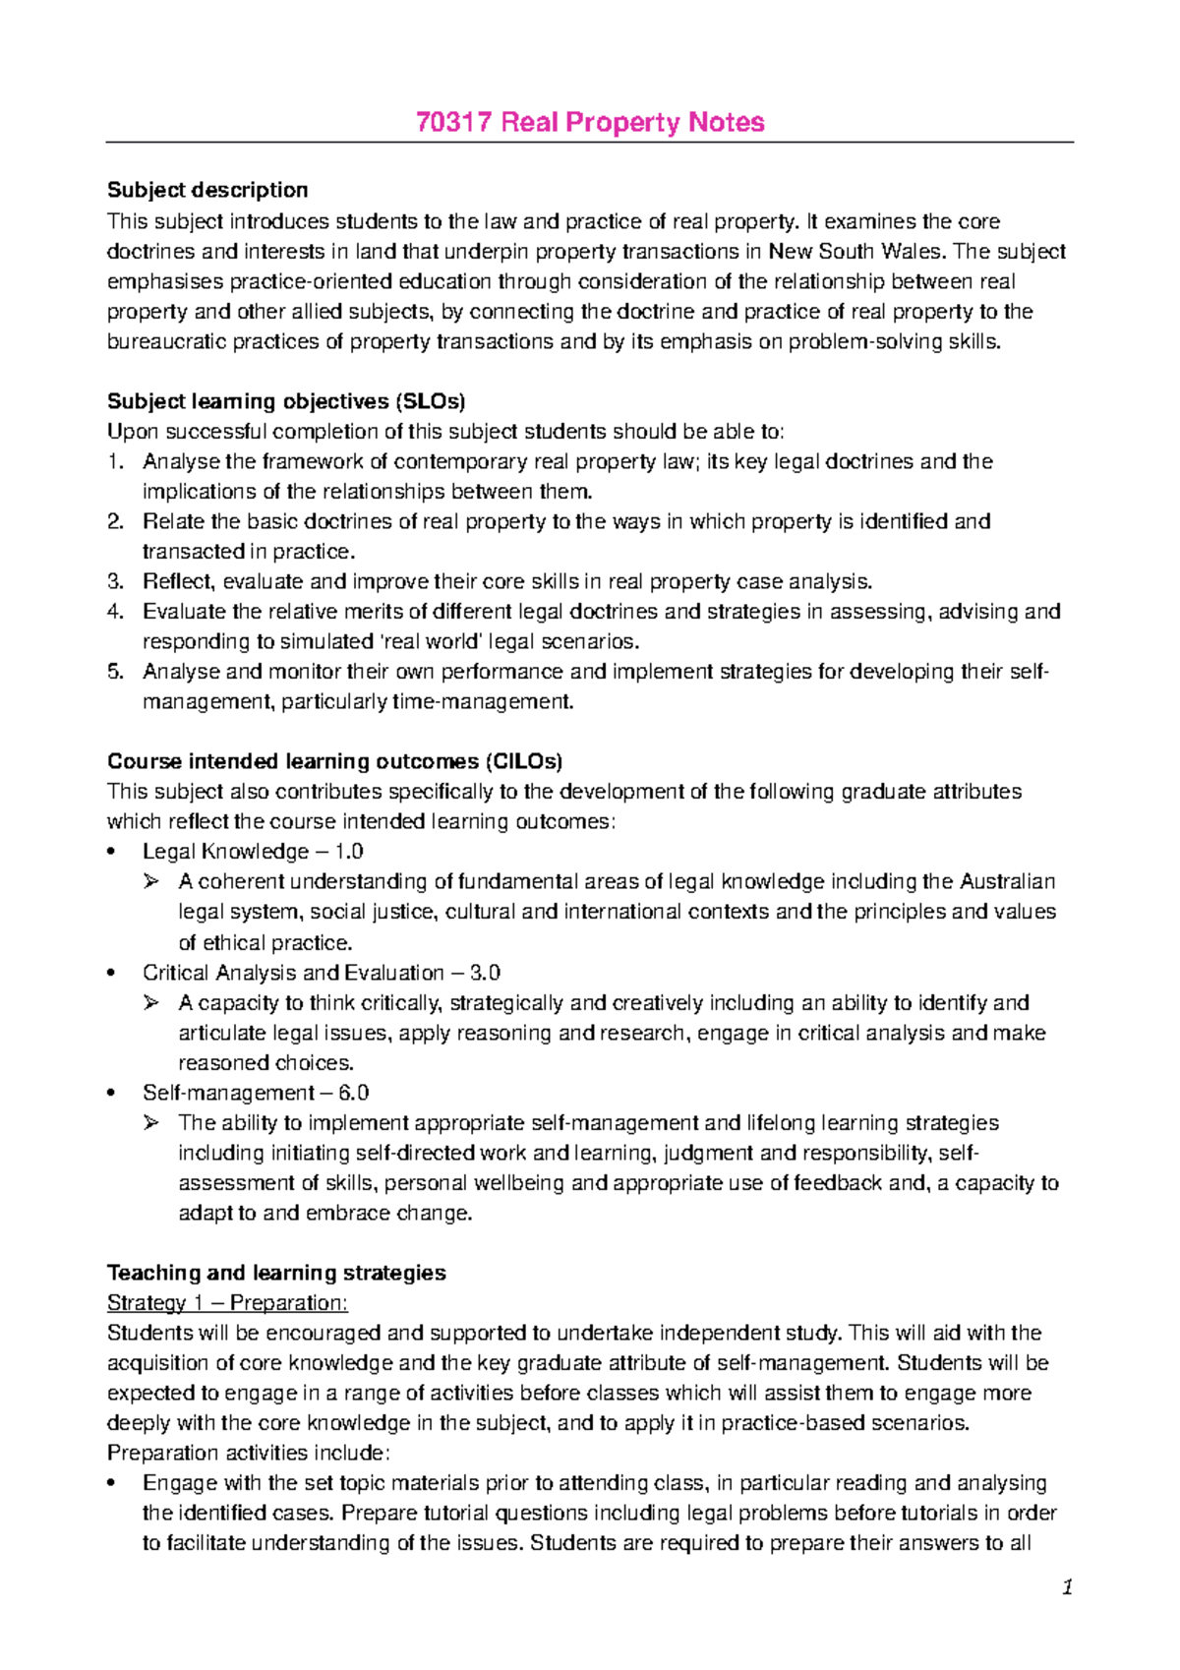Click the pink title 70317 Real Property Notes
[x=590, y=122]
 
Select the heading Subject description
[x=207, y=190]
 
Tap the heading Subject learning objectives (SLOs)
[x=286, y=401]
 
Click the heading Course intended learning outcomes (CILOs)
[x=334, y=761]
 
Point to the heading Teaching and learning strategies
[x=276, y=1273]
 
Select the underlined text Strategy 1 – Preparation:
[x=227, y=1303]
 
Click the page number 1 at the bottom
[x=1066, y=1587]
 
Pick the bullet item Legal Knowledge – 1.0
[x=253, y=852]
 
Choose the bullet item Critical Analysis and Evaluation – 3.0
[x=322, y=973]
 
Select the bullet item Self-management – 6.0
[x=256, y=1093]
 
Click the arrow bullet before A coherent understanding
[x=150, y=882]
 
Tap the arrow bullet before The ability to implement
[x=150, y=1123]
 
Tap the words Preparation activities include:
[x=249, y=1453]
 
